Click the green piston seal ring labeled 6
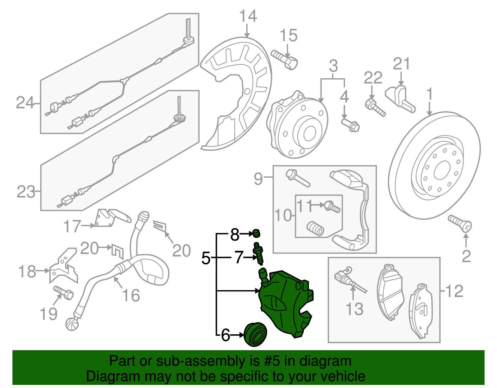(255, 334)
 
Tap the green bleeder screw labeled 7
(258, 253)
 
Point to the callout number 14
(248, 16)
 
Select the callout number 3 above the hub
(333, 66)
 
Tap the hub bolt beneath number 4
(350, 125)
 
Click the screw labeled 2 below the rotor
(460, 223)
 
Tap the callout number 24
(25, 103)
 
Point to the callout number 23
(26, 192)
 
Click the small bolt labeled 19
(63, 292)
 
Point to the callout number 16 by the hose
(131, 295)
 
